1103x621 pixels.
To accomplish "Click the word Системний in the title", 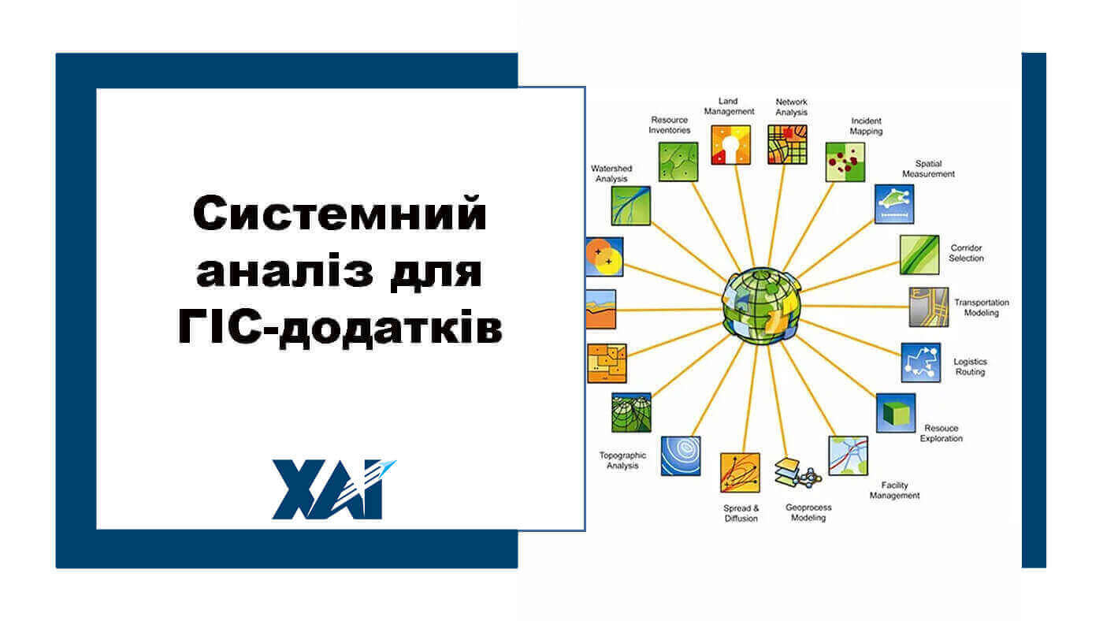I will [x=340, y=216].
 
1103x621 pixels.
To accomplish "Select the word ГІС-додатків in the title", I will [x=340, y=326].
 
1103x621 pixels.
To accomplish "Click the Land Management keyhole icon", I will [x=729, y=144].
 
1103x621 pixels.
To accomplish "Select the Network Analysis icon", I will [x=787, y=144].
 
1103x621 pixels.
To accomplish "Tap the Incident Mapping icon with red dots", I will [x=845, y=162].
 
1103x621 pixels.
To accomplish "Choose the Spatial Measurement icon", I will [x=894, y=204].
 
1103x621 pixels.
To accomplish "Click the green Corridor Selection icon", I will [x=919, y=255].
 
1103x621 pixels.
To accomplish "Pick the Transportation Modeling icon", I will [x=928, y=307].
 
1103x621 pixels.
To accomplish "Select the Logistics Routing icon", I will [x=920, y=362].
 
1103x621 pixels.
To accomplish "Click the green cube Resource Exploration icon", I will [x=896, y=412].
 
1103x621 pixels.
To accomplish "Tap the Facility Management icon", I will [x=848, y=456].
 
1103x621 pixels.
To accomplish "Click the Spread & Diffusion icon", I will [x=740, y=472].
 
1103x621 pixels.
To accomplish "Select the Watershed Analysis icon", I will [x=630, y=206].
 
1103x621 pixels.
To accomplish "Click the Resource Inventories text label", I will [x=670, y=125].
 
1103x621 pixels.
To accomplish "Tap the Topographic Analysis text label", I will [x=622, y=460].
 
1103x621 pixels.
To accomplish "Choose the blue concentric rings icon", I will [x=681, y=456].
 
